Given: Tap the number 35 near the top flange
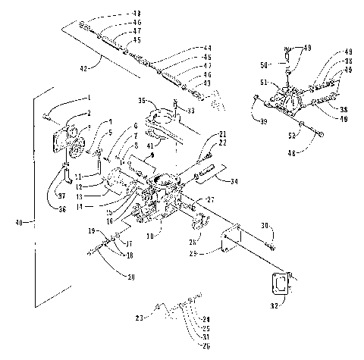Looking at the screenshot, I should tap(142, 100).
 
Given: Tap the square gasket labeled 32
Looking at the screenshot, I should tap(282, 284).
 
